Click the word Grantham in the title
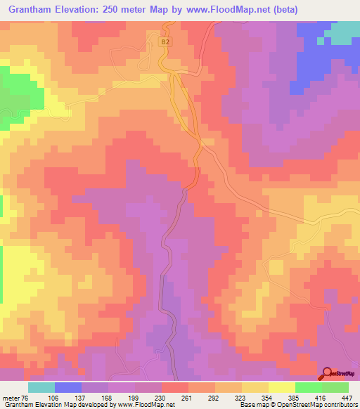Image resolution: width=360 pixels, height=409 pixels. click(x=33, y=10)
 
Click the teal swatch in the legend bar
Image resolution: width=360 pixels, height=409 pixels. click(x=41, y=387)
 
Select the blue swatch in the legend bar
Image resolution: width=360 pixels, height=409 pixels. click(x=68, y=387)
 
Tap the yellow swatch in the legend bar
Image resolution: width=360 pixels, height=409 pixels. click(x=282, y=387)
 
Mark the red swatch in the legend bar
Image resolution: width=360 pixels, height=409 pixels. click(x=175, y=387)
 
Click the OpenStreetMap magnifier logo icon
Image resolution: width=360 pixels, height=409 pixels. click(x=328, y=373)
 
